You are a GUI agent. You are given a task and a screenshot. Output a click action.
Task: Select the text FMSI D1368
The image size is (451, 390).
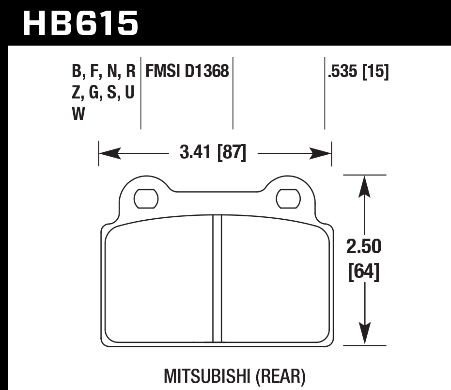(187, 72)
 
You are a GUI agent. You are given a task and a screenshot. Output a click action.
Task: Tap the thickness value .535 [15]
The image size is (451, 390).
(358, 72)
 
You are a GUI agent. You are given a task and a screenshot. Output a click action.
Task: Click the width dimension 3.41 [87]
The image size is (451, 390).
(213, 154)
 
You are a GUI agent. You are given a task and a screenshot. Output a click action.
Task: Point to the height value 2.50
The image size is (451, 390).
(363, 247)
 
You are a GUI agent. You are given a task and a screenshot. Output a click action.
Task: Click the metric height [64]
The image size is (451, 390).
(363, 272)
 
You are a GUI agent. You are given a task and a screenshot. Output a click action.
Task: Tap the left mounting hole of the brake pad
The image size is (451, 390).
(146, 198)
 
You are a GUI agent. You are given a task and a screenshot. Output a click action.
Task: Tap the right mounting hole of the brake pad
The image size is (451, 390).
(288, 198)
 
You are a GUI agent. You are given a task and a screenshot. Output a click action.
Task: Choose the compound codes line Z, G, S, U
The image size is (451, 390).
(103, 93)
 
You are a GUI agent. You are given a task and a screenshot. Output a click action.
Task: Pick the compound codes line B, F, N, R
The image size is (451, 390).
(104, 72)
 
